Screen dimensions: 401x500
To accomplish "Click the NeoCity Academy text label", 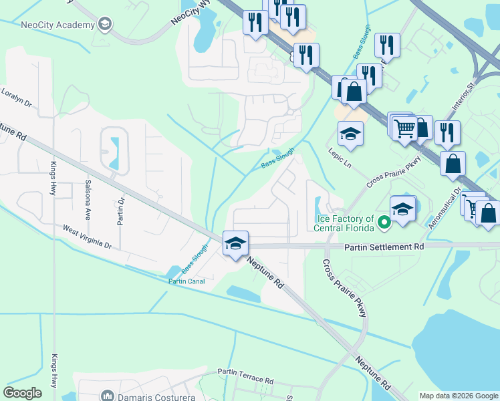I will [57, 25].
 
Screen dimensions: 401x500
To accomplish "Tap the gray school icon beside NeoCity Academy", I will [104, 25].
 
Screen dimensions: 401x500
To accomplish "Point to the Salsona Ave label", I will [88, 200].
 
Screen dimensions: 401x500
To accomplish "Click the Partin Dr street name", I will [121, 211].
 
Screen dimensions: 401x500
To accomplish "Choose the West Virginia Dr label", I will [87, 237].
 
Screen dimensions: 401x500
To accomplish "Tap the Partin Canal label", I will [186, 281].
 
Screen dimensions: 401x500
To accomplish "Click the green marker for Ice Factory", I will [384, 223].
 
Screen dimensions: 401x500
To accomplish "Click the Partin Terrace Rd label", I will [246, 376].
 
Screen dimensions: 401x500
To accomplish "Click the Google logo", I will [23, 393].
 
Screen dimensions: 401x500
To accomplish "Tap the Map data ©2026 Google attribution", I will [459, 396].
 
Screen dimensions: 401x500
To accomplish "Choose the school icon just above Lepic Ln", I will [350, 134].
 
